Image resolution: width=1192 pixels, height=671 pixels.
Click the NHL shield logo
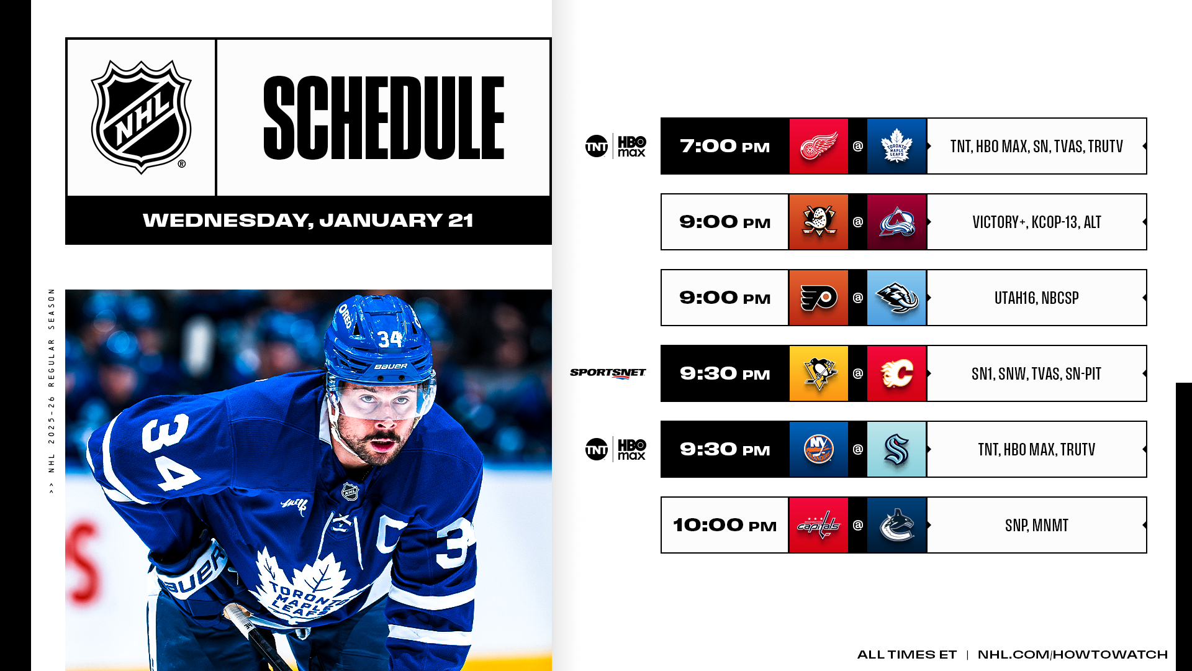tap(142, 117)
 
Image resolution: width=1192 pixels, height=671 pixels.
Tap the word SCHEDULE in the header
tap(384, 118)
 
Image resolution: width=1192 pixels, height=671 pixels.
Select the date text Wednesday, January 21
tap(308, 221)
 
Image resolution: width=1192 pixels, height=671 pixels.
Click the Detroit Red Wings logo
tap(818, 146)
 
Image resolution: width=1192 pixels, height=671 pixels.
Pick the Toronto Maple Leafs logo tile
tap(896, 146)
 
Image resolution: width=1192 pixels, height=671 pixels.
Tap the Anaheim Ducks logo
tap(818, 222)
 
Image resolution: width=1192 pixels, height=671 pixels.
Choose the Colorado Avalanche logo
tap(896, 222)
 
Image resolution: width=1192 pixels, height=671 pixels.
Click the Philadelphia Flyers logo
tap(818, 298)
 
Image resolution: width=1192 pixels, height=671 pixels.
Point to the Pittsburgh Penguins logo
tap(818, 373)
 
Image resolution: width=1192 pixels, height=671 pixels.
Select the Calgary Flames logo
tap(896, 373)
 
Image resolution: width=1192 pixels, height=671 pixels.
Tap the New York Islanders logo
tap(818, 449)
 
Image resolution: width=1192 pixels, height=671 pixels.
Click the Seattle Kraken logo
tap(896, 449)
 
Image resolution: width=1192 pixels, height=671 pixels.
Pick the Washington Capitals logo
tap(818, 525)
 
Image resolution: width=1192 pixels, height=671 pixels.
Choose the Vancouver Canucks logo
tap(896, 525)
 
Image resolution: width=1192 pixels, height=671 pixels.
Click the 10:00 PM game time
tap(725, 526)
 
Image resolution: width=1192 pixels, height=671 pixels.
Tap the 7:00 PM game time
tap(725, 147)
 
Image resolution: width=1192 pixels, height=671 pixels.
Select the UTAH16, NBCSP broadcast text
tap(1036, 298)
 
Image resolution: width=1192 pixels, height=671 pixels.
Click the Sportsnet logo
tap(608, 373)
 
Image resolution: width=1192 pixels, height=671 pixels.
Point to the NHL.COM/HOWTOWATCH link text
tap(1072, 655)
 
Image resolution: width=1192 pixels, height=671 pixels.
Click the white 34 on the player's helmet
tap(390, 339)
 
